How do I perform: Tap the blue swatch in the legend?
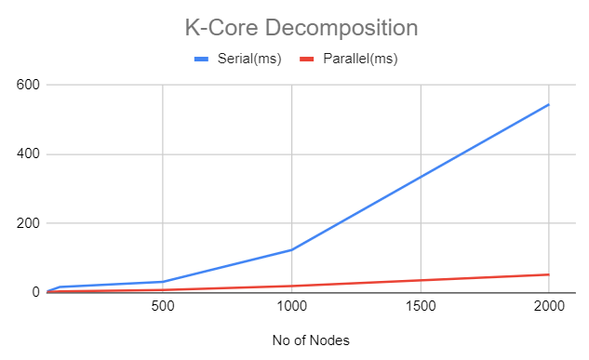point(205,60)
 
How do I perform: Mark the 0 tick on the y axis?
point(34,292)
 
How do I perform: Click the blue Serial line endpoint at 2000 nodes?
point(549,104)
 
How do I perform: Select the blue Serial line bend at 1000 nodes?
point(291,249)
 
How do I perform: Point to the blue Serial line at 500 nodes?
point(163,282)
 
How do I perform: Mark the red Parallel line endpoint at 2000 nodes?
point(549,274)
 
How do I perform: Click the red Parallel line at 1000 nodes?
point(291,286)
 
